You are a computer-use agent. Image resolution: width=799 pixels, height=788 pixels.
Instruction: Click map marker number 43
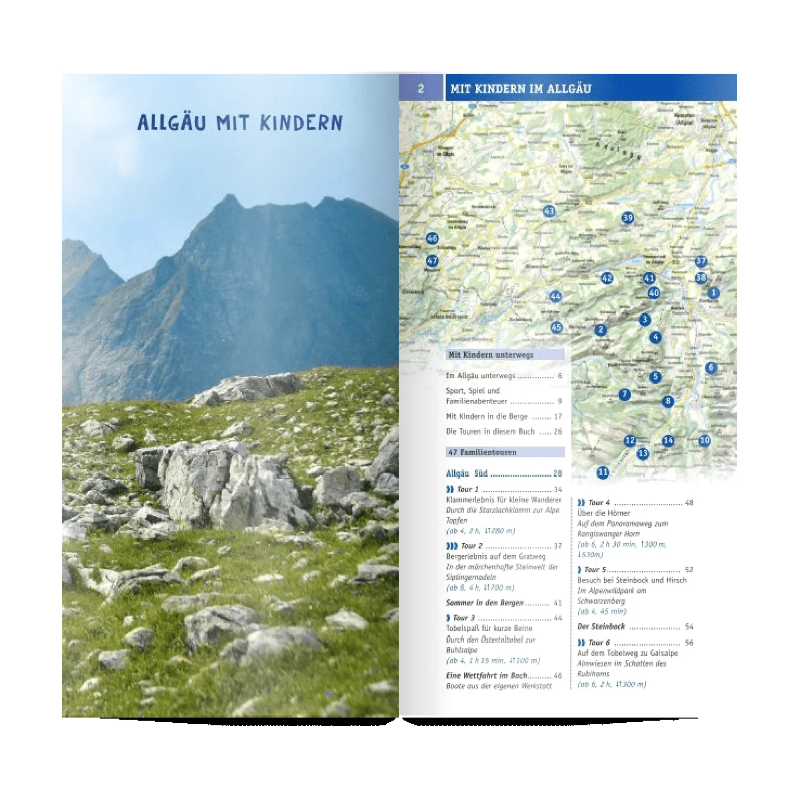[549, 211]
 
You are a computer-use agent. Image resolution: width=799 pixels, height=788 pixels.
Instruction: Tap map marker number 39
[628, 217]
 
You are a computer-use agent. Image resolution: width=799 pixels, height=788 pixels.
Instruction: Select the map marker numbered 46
[432, 238]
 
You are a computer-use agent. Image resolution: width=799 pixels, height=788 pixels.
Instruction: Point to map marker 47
[432, 261]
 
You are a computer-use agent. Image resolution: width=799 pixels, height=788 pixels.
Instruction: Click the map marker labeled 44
[556, 296]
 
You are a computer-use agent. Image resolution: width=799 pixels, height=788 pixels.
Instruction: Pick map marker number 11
[603, 472]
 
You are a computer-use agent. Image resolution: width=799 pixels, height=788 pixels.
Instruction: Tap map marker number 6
[711, 367]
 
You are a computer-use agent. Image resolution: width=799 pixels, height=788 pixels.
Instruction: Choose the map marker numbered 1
[713, 293]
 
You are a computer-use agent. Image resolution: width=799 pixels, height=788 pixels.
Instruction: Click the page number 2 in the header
[421, 89]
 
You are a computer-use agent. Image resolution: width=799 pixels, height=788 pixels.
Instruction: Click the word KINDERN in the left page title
[301, 123]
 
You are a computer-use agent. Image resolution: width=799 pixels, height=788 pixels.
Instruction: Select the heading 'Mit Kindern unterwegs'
[491, 355]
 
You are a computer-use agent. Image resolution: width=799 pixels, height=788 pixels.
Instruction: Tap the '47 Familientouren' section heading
[483, 452]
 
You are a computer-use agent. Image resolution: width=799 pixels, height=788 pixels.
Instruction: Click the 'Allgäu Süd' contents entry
[467, 474]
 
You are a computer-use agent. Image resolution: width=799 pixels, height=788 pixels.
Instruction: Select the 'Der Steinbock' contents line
[601, 627]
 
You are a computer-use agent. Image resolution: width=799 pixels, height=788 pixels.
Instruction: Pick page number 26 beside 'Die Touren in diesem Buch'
[558, 431]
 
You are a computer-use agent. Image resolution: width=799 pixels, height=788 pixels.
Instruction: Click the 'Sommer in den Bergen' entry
[485, 603]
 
